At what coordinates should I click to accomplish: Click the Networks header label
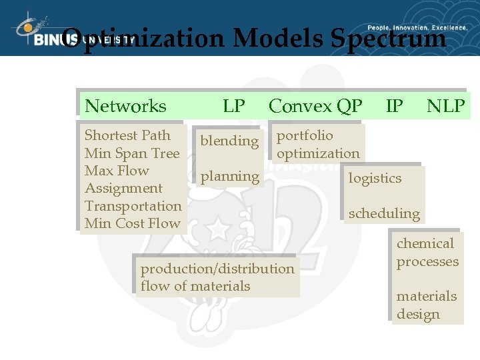pyautogui.click(x=126, y=106)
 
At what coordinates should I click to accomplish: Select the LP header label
pyautogui.click(x=234, y=106)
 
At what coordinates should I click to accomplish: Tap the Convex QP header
pyautogui.click(x=315, y=106)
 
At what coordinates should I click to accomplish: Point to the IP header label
pyautogui.click(x=395, y=106)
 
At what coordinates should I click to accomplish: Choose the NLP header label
pyautogui.click(x=446, y=106)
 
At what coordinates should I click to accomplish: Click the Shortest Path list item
pyautogui.click(x=127, y=135)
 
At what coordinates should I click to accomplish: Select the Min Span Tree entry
pyautogui.click(x=132, y=153)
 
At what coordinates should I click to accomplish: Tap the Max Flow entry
pyautogui.click(x=117, y=171)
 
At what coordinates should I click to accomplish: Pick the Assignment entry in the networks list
pyautogui.click(x=123, y=189)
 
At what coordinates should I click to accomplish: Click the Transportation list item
pyautogui.click(x=133, y=206)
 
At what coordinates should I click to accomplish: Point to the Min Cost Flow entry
pyautogui.click(x=132, y=223)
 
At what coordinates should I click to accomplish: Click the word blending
pyautogui.click(x=229, y=141)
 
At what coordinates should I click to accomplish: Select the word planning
pyautogui.click(x=229, y=177)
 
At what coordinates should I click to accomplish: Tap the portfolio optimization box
pyautogui.click(x=318, y=145)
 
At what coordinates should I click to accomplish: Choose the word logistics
pyautogui.click(x=375, y=178)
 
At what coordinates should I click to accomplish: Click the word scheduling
pyautogui.click(x=384, y=214)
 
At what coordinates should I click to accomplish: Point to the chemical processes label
pyautogui.click(x=427, y=253)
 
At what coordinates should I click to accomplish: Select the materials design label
pyautogui.click(x=427, y=305)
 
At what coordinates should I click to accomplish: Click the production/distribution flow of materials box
pyautogui.click(x=217, y=277)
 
